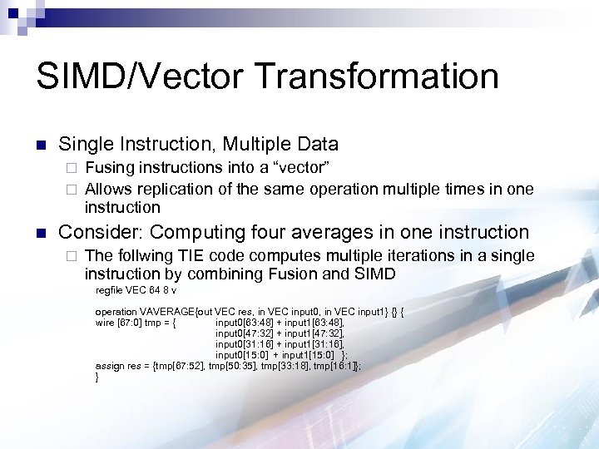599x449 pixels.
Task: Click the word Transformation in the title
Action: point(379,76)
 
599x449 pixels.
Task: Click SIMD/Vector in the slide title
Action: point(141,76)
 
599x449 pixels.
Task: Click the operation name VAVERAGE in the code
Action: point(174,312)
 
